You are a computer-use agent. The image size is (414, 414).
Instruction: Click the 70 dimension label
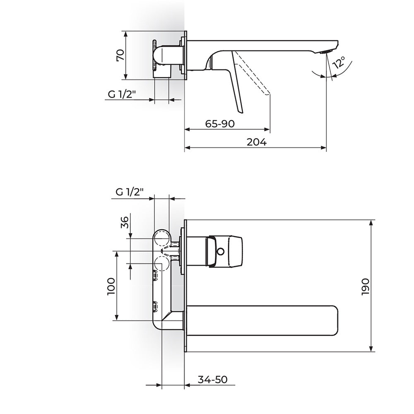point(120,55)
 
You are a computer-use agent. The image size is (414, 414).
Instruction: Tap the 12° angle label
point(339,63)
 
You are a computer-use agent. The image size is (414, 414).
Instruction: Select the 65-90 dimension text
point(220,123)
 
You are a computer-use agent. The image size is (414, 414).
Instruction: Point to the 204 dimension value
point(257,142)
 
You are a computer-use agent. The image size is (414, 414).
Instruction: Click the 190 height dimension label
point(366,287)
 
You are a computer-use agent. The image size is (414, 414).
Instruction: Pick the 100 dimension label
point(111,286)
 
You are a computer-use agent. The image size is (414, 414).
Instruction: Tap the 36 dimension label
point(124,222)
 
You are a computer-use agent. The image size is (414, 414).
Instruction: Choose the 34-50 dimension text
point(212,380)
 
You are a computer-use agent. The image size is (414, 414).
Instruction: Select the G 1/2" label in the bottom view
point(130,192)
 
